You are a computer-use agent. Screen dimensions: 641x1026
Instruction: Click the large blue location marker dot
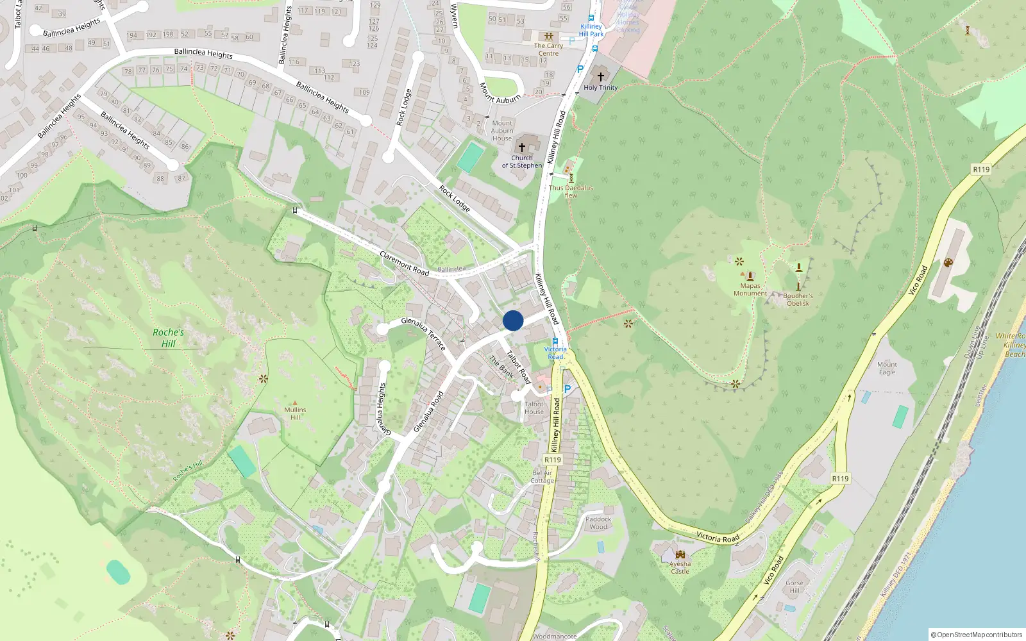pos(513,320)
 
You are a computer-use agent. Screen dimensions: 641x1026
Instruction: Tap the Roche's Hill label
pos(168,338)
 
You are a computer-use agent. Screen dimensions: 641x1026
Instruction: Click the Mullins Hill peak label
pos(295,413)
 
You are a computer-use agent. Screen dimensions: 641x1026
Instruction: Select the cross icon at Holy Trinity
pos(601,76)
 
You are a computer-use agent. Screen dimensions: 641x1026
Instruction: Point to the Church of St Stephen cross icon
pos(522,147)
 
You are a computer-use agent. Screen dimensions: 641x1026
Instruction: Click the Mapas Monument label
pos(750,290)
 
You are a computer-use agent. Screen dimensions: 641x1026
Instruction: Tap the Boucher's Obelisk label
pos(798,299)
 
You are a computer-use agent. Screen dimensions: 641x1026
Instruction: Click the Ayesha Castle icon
pos(680,554)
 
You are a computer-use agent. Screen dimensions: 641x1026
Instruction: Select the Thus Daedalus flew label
pos(571,191)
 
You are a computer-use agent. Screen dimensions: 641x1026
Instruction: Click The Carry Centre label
pos(548,49)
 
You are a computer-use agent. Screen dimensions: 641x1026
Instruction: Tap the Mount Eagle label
pos(887,368)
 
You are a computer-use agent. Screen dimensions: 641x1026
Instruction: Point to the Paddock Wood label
pos(598,523)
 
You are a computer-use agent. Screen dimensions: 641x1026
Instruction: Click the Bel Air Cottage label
pos(542,477)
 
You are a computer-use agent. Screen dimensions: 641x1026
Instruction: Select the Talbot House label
pos(534,408)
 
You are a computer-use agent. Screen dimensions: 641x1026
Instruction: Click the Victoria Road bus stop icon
pos(555,342)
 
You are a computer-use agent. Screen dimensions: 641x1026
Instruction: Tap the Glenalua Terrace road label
pos(423,333)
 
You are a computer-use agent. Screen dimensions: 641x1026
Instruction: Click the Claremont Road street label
pos(404,263)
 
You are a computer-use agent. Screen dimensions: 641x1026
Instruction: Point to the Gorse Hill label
pos(795,587)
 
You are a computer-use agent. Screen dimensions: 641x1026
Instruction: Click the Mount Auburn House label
pos(502,131)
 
